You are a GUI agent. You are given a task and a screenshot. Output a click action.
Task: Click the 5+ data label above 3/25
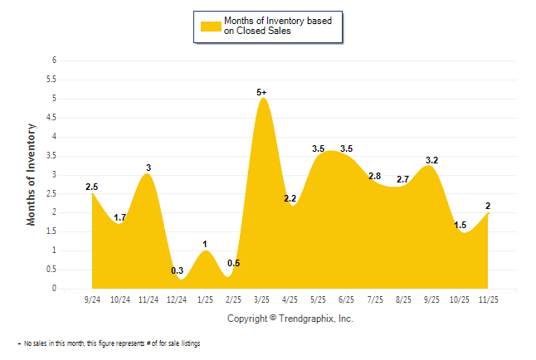coord(262,92)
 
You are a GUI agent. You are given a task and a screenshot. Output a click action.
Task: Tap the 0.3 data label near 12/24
coord(178,270)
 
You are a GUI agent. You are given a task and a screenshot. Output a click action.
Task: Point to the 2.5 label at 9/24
coord(92,187)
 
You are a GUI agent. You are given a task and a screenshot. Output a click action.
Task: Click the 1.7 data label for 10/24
coord(120,217)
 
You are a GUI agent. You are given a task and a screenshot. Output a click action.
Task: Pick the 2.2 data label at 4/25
coord(290,199)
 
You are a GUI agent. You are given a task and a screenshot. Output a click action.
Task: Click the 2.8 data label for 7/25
coord(375,176)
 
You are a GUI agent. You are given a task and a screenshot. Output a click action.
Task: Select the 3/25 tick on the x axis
coord(262,299)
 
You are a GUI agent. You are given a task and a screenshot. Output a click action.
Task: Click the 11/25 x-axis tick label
coord(489,299)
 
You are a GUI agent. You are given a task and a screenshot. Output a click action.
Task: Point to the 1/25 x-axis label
coord(206,299)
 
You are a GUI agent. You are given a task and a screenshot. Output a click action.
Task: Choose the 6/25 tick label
coord(347,299)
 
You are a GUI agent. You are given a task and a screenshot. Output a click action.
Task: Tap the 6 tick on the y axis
coord(54,61)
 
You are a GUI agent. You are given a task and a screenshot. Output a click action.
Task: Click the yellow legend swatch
coord(211,26)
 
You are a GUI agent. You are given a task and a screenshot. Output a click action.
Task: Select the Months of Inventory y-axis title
coord(32,174)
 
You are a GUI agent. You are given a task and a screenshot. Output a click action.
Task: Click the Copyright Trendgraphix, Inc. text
coord(290,319)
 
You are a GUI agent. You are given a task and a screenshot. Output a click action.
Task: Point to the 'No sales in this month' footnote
coord(109,343)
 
